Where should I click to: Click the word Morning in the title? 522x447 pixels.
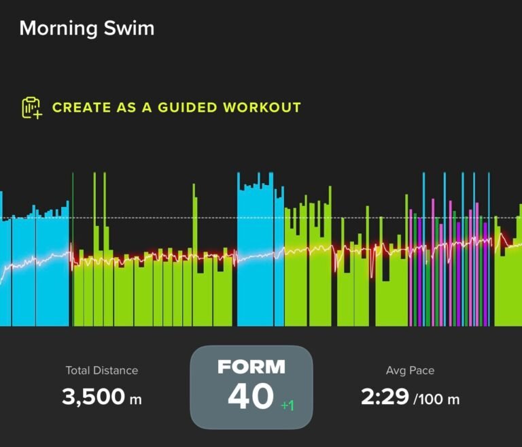click(58, 29)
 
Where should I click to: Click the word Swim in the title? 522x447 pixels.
click(129, 28)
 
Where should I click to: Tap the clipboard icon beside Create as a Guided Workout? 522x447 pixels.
click(32, 107)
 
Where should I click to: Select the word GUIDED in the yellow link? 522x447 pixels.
click(187, 107)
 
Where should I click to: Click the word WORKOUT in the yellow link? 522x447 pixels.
click(262, 107)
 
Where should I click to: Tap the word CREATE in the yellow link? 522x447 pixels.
click(82, 107)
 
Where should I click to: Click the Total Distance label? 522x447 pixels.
click(101, 370)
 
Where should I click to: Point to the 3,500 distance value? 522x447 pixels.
click(93, 397)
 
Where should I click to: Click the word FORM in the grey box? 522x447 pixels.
click(251, 367)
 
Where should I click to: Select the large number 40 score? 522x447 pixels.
click(251, 396)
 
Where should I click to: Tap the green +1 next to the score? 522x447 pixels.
click(288, 405)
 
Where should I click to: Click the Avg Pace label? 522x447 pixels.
click(410, 371)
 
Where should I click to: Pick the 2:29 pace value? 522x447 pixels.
click(385, 397)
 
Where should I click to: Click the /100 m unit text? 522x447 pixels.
click(436, 399)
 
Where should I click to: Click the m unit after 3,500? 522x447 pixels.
click(135, 399)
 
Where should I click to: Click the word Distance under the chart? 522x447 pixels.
click(116, 370)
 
